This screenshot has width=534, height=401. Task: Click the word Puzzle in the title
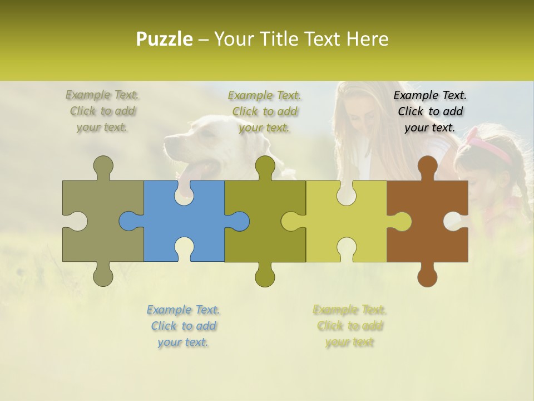pyautogui.click(x=165, y=39)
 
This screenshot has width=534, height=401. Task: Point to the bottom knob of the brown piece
pyautogui.click(x=427, y=275)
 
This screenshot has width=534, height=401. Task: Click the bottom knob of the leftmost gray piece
pyautogui.click(x=103, y=275)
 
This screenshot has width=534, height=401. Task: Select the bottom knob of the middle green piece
pyautogui.click(x=265, y=275)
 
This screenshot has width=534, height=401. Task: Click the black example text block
pyautogui.click(x=430, y=111)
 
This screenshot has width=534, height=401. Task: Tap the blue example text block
pyautogui.click(x=183, y=326)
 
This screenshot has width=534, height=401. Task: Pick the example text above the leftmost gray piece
pyautogui.click(x=102, y=111)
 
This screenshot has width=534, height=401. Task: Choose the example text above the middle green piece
pyautogui.click(x=264, y=111)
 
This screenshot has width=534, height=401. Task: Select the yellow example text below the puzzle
pyautogui.click(x=349, y=326)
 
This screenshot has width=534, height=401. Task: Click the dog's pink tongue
pyautogui.click(x=197, y=170)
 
